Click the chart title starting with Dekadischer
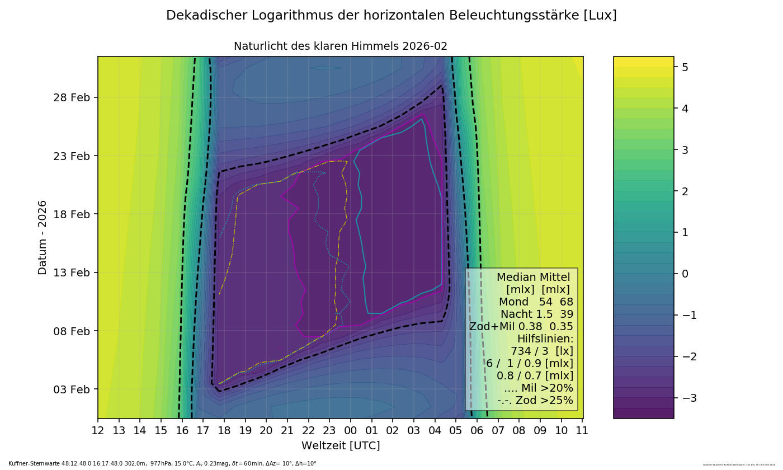[x=391, y=16]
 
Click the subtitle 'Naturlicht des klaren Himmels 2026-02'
[x=340, y=46]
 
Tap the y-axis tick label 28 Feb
[x=71, y=97]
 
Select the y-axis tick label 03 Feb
[x=71, y=389]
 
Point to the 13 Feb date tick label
[x=71, y=272]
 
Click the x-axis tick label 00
[x=351, y=431]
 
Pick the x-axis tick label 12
[x=98, y=431]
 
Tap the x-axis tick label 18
[x=224, y=431]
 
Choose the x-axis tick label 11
[x=582, y=431]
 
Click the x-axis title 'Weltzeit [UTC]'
[x=341, y=446]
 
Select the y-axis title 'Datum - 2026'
[x=43, y=237]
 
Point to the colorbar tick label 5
[x=684, y=67]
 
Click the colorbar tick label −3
[x=688, y=398]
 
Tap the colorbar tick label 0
[x=684, y=274]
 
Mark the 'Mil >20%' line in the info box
[x=538, y=388]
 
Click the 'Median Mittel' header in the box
[x=533, y=278]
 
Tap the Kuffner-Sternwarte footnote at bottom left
[x=162, y=464]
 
